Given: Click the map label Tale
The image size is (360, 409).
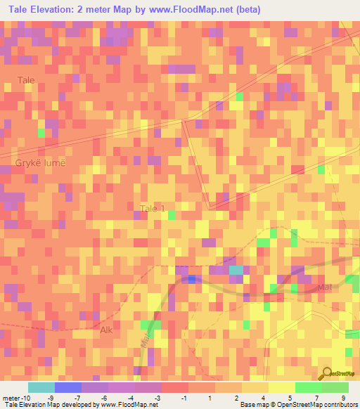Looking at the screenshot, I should pyautogui.click(x=26, y=80).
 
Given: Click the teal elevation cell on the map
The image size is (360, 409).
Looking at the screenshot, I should pyautogui.click(x=237, y=270).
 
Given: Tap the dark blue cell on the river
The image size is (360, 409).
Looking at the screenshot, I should pyautogui.click(x=192, y=279).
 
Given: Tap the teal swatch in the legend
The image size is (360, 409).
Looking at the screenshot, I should pyautogui.click(x=41, y=387).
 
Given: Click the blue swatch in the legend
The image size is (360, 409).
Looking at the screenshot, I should pyautogui.click(x=68, y=387).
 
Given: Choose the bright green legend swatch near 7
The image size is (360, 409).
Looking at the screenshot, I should pyautogui.click(x=308, y=387).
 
